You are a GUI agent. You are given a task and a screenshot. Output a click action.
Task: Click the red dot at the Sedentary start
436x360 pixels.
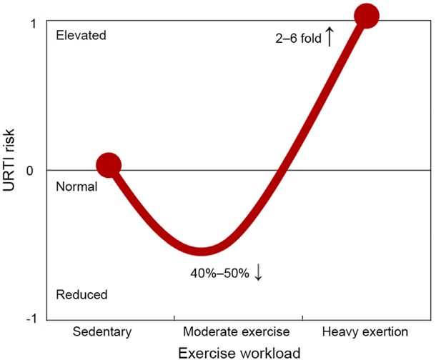109,165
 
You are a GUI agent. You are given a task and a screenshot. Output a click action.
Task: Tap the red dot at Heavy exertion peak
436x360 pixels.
367,15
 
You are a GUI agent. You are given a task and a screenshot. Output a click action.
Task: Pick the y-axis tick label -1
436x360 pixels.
31,317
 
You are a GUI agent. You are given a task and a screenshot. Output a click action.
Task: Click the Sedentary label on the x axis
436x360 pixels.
102,332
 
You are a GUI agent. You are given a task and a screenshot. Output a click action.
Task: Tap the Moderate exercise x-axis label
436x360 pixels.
236,332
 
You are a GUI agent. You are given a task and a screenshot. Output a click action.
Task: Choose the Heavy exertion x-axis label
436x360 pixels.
365,332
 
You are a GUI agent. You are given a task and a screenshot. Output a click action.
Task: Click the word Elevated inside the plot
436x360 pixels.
80,35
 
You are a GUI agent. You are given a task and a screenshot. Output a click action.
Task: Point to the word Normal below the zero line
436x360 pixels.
75,186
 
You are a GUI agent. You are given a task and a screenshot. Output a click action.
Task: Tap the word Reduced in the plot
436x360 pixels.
81,294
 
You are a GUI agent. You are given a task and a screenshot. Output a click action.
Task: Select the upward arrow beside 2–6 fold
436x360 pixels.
330,36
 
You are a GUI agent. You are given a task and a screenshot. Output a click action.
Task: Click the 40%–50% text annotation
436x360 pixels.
219,274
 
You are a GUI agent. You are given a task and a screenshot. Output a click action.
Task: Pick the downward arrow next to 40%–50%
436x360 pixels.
258,273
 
